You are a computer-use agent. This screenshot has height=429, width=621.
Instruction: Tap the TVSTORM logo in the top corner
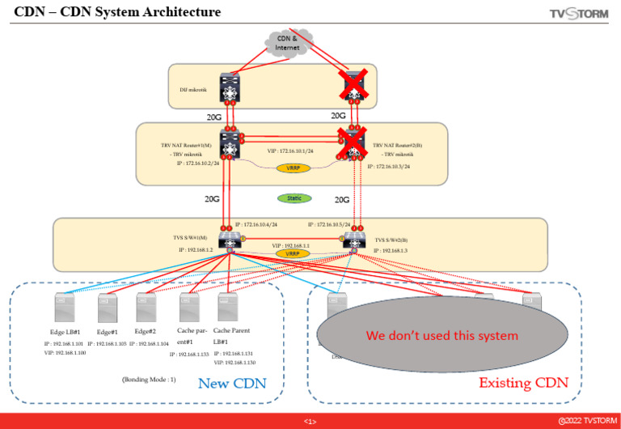click(x=578, y=13)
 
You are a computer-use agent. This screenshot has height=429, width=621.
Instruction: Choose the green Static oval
click(x=294, y=198)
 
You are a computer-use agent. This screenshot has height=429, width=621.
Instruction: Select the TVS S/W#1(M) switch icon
click(x=231, y=240)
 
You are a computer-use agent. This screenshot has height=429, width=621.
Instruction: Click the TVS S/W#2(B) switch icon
click(x=353, y=240)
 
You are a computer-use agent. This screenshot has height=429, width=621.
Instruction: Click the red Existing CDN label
click(x=523, y=382)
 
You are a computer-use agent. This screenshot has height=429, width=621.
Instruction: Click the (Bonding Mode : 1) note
click(x=150, y=379)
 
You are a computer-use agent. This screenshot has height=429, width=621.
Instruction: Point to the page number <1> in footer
click(x=310, y=422)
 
